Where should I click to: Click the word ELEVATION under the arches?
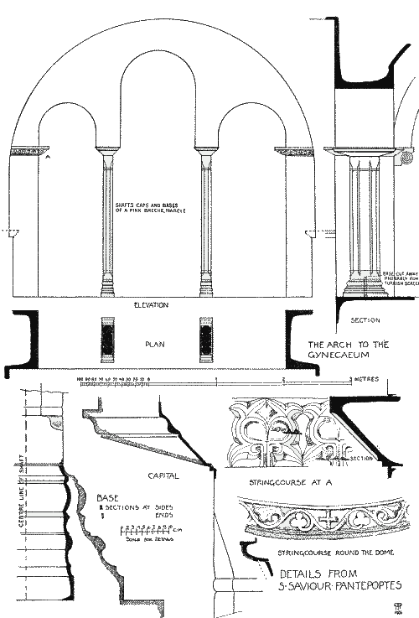pyautogui.click(x=151, y=305)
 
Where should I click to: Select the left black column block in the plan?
pyautogui.click(x=107, y=337)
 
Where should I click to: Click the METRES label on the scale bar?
pyautogui.click(x=367, y=380)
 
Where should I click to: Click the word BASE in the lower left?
pyautogui.click(x=108, y=497)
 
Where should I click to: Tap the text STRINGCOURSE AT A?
pyautogui.click(x=283, y=484)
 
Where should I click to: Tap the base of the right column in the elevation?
pyautogui.click(x=206, y=289)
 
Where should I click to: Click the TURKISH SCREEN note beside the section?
pyautogui.click(x=399, y=279)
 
